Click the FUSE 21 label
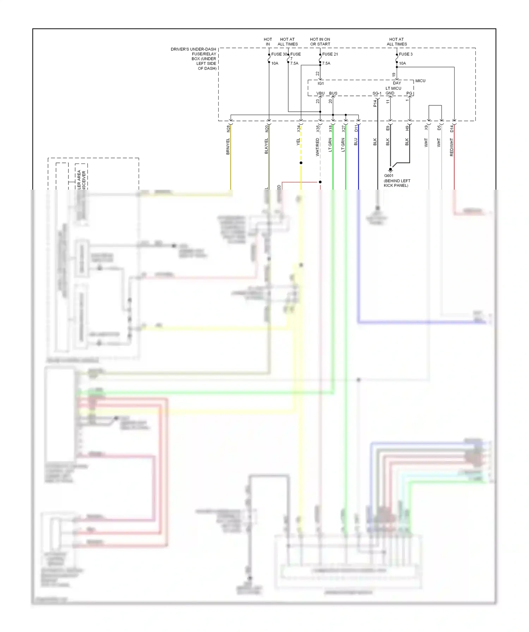pyautogui.click(x=330, y=54)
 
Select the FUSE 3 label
pyautogui.click(x=406, y=54)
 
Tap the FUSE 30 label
pyautogui.click(x=279, y=54)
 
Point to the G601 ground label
pyautogui.click(x=389, y=176)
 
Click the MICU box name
pyautogui.click(x=420, y=81)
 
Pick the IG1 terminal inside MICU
pyautogui.click(x=321, y=84)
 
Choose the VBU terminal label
pyautogui.click(x=320, y=93)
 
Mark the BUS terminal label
pyautogui.click(x=333, y=93)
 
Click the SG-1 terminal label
pyautogui.click(x=377, y=93)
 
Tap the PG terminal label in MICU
pyautogui.click(x=409, y=93)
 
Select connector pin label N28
pyautogui.click(x=228, y=129)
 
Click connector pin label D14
pyautogui.click(x=452, y=129)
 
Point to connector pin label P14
pyautogui.click(x=375, y=103)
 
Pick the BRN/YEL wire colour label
pyautogui.click(x=228, y=146)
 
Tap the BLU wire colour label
pyautogui.click(x=356, y=142)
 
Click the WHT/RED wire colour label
pyautogui.click(x=318, y=147)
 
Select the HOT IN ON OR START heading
pyautogui.click(x=320, y=42)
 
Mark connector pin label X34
pyautogui.click(x=298, y=129)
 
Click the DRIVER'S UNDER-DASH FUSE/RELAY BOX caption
pyautogui.click(x=194, y=59)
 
